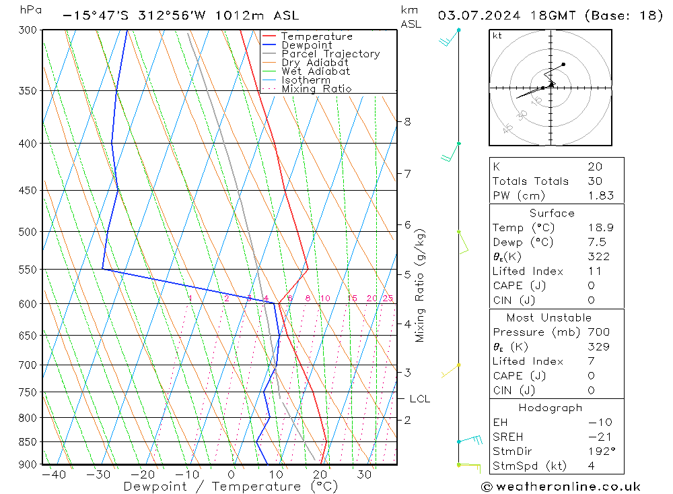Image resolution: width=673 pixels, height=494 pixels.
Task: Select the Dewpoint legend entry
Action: pos(306,45)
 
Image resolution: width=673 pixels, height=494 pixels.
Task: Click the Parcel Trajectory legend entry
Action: pos(330,54)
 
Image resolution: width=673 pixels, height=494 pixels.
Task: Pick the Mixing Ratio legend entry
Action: pos(316,88)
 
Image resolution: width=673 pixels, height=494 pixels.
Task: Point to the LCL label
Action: pos(419,399)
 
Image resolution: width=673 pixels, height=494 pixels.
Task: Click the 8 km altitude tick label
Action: pos(408,122)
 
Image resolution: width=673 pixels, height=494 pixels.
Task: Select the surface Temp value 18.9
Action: pos(600,228)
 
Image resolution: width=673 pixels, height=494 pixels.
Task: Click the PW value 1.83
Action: pos(600,195)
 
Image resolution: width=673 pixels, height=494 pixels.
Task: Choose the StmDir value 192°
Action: pos(601,452)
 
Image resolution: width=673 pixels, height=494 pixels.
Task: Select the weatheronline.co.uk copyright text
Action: pos(561,487)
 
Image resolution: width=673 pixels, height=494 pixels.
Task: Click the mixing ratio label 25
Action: pos(388,299)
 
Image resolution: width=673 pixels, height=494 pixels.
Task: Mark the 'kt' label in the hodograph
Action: pos(497,36)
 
